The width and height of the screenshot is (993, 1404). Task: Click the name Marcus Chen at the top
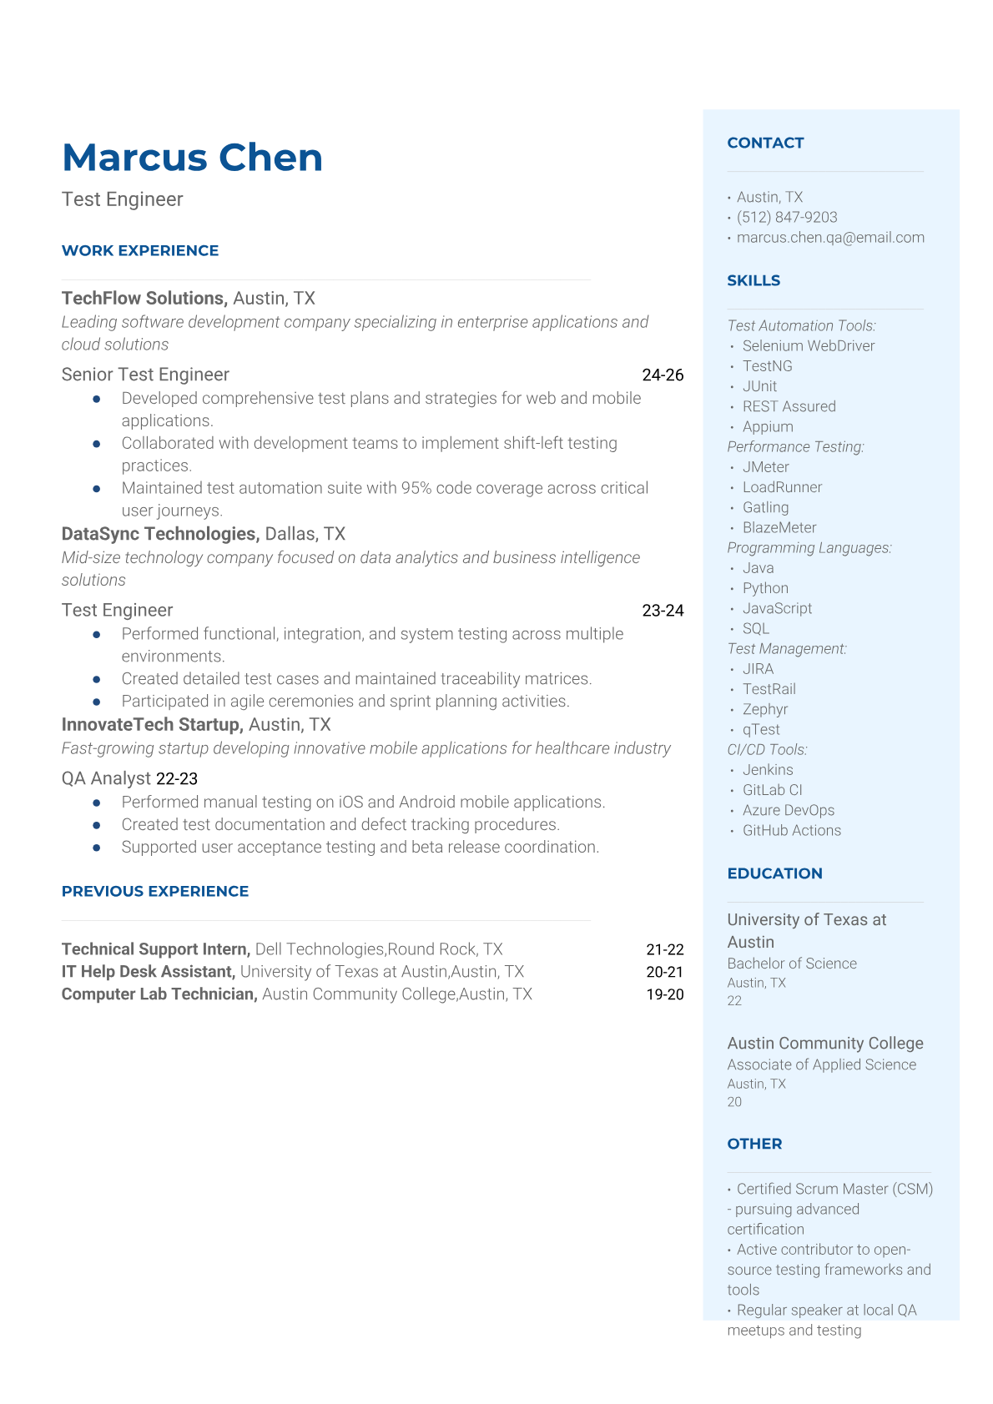click(192, 158)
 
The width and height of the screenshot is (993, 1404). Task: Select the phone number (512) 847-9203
click(787, 217)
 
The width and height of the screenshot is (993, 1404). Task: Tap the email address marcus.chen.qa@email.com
click(830, 237)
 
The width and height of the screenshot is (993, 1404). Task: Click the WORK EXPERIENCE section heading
click(140, 250)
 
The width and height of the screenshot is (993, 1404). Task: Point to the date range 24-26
click(663, 375)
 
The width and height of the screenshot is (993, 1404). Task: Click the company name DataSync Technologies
click(160, 534)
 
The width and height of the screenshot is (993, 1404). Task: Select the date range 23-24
click(663, 611)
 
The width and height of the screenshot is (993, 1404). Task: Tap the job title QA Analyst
click(106, 778)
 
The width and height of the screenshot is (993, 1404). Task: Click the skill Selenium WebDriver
click(809, 345)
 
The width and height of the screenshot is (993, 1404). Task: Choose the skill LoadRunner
click(782, 487)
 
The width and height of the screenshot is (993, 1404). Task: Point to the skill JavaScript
click(777, 608)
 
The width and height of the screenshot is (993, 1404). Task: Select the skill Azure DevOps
click(788, 810)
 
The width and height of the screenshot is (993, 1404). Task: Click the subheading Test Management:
click(787, 648)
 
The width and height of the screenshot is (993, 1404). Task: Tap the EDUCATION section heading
click(774, 873)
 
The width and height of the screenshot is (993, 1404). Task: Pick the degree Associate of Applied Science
click(821, 1064)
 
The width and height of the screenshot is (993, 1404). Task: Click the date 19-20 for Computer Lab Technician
click(665, 994)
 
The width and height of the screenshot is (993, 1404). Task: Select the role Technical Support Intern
click(155, 949)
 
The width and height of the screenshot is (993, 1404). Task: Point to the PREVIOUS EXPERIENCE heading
click(155, 891)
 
